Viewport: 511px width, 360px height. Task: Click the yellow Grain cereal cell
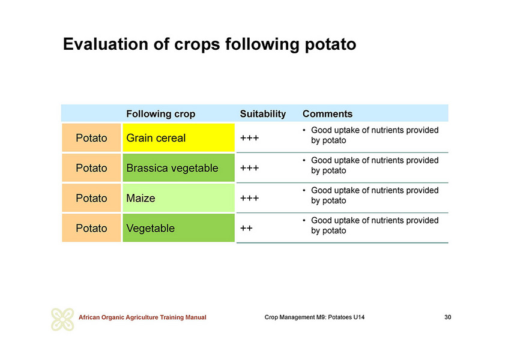coord(178,137)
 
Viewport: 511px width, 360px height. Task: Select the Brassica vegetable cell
coord(178,168)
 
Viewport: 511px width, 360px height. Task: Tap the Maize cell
coord(178,198)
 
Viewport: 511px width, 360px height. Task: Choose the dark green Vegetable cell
coord(178,228)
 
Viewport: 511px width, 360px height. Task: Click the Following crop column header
coord(161,114)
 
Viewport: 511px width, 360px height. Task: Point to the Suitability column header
coord(262,114)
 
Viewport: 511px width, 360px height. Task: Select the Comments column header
coord(327,114)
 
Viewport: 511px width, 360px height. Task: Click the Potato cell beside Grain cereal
coord(91,137)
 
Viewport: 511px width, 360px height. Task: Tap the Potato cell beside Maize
coord(91,198)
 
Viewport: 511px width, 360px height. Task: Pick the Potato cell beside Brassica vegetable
coord(91,168)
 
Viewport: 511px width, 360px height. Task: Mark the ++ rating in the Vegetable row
coord(246,228)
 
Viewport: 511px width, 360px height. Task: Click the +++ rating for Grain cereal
coord(249,138)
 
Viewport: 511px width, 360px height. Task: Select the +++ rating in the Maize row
coord(249,198)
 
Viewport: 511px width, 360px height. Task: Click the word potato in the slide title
coord(330,44)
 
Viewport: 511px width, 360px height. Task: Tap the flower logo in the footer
coord(62,319)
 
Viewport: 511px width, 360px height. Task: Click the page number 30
coord(448,317)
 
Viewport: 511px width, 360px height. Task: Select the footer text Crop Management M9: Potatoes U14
coord(315,317)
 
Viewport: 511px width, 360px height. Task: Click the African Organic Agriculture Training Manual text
coord(142,317)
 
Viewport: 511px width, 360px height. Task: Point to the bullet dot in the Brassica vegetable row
coord(304,160)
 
